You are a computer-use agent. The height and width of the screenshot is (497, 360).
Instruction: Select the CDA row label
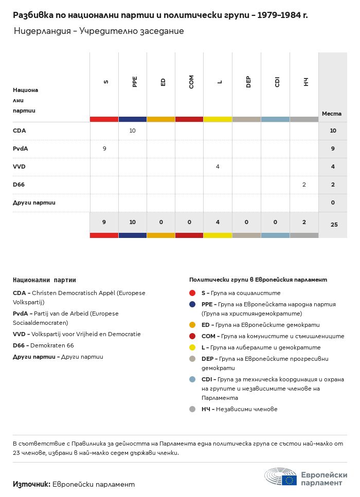point(20,131)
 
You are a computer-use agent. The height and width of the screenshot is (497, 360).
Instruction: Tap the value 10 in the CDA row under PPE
point(132,131)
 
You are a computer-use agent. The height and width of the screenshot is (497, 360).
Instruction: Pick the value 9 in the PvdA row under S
point(104,149)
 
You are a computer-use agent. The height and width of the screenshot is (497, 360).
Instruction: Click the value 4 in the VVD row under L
point(218,167)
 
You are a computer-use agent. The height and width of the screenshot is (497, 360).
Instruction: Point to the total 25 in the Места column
point(333,225)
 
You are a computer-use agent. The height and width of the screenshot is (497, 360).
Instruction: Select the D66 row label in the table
point(20,185)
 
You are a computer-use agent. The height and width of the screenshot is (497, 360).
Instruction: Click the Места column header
point(332,114)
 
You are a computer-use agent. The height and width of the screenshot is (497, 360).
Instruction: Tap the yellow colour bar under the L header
point(218,119)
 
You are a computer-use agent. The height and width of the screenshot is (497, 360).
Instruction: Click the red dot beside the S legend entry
point(192,293)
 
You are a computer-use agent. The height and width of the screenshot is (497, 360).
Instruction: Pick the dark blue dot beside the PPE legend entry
point(192,304)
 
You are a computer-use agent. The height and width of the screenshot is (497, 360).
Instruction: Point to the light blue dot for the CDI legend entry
point(192,379)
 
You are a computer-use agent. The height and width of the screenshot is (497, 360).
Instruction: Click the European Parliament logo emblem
point(281,477)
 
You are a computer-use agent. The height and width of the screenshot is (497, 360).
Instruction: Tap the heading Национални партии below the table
point(44,280)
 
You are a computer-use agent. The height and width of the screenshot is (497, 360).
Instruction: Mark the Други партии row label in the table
point(34,203)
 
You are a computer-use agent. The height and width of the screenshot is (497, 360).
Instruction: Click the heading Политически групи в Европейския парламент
point(258,280)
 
